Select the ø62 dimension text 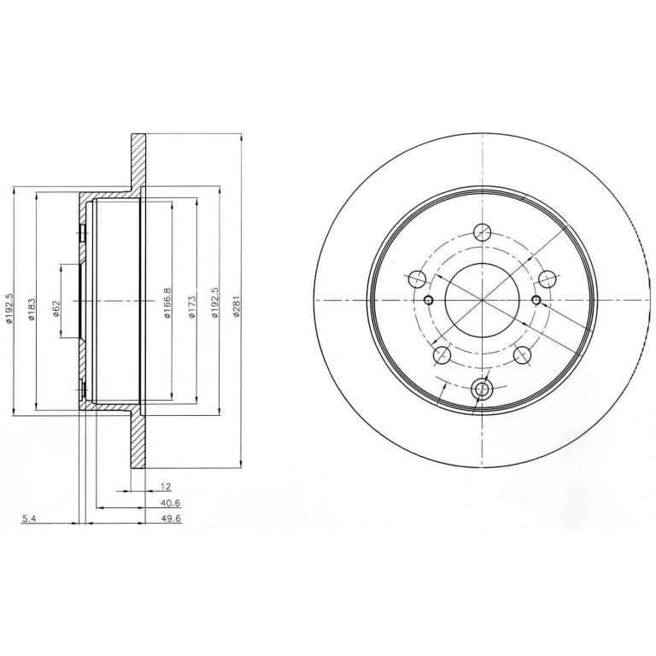click(x=57, y=307)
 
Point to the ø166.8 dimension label click(x=167, y=303)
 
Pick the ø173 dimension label click(x=191, y=307)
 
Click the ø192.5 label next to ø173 click(x=214, y=302)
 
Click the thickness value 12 click(x=166, y=486)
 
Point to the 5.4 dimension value click(x=29, y=519)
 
